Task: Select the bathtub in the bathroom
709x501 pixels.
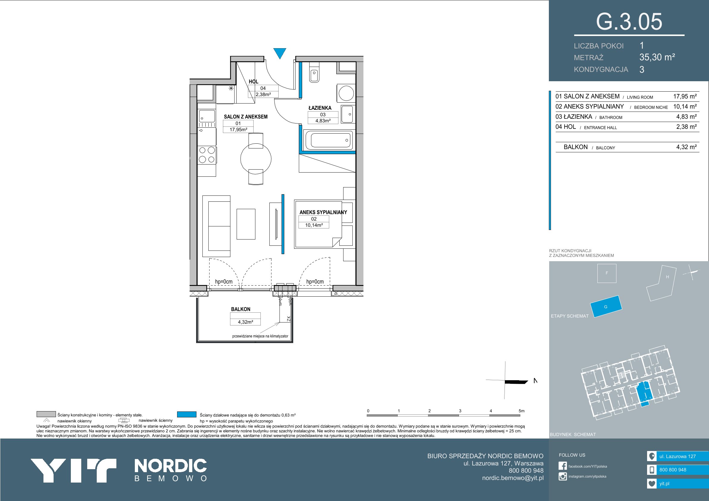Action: pyautogui.click(x=329, y=140)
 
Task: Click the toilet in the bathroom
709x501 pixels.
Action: pyautogui.click(x=314, y=72)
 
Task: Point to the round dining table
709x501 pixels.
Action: pyautogui.click(x=256, y=159)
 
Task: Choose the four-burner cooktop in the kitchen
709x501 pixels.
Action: pyautogui.click(x=207, y=155)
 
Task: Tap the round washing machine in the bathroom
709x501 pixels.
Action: pyautogui.click(x=346, y=92)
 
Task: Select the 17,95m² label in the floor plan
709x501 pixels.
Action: pyautogui.click(x=238, y=130)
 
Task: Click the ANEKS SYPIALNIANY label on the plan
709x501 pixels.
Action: pyautogui.click(x=323, y=212)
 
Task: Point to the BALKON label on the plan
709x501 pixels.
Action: pyautogui.click(x=241, y=309)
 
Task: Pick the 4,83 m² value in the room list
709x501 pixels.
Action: pyautogui.click(x=686, y=117)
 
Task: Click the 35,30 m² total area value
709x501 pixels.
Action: pyautogui.click(x=657, y=57)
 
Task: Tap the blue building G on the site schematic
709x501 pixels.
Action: pyautogui.click(x=606, y=306)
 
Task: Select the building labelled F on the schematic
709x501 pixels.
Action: pyautogui.click(x=607, y=273)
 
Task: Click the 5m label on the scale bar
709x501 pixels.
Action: pyautogui.click(x=521, y=411)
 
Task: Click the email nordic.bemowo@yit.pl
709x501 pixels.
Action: pyautogui.click(x=513, y=478)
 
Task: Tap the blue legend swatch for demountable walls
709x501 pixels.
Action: pyautogui.click(x=187, y=414)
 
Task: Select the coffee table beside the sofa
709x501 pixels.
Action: pyautogui.click(x=246, y=224)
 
